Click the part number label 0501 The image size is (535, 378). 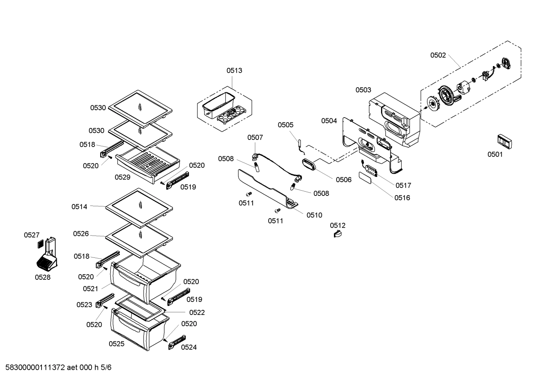pyautogui.click(x=495, y=154)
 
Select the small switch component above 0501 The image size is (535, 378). pyautogui.click(x=504, y=141)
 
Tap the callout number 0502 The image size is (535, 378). pyautogui.click(x=438, y=55)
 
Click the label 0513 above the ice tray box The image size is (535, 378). pyautogui.click(x=234, y=70)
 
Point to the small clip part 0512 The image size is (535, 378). pyautogui.click(x=338, y=234)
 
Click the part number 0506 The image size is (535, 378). pyautogui.click(x=343, y=180)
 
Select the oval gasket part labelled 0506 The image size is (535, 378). pyautogui.click(x=311, y=165)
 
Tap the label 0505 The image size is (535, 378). pyautogui.click(x=285, y=125)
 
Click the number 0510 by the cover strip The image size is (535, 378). pyautogui.click(x=314, y=215)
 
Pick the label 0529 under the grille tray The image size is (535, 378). pyautogui.click(x=122, y=177)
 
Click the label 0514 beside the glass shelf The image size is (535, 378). pyautogui.click(x=79, y=207)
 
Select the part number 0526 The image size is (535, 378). pyautogui.click(x=81, y=234)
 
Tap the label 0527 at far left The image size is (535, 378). pyautogui.click(x=32, y=235)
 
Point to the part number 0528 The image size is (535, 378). pyautogui.click(x=43, y=277)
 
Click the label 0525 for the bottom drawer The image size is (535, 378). pyautogui.click(x=116, y=344)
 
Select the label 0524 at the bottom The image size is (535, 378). pyautogui.click(x=189, y=347)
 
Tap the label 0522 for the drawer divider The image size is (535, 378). pyautogui.click(x=197, y=313)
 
